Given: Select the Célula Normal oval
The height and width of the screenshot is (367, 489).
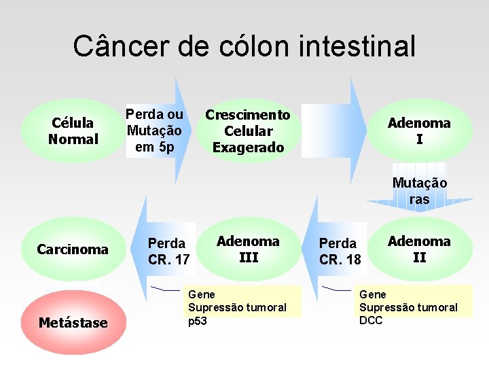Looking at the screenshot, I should tap(73, 131).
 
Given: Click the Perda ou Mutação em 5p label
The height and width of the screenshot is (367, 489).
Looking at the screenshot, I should tap(154, 130).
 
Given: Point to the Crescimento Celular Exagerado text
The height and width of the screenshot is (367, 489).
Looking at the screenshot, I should tap(248, 131).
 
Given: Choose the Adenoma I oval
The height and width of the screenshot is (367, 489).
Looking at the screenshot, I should tap(419, 131).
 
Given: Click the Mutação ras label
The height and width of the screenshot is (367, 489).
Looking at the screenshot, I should tap(420, 191).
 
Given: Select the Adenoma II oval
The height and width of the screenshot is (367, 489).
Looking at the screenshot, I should tap(419, 249).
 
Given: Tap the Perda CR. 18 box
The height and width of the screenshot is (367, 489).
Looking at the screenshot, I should tap(339, 251).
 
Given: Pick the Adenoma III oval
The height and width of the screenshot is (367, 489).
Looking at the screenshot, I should tap(248, 249).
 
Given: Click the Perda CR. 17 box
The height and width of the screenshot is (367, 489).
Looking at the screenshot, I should tap(168, 251).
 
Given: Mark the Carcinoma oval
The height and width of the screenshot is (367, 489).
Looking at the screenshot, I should tap(73, 249).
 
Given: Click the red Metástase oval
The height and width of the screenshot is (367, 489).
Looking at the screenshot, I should tap(73, 323).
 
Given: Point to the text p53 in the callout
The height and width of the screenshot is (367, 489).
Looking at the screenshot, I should tap(197, 321).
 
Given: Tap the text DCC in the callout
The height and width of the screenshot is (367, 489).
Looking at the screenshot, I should tap(371, 321).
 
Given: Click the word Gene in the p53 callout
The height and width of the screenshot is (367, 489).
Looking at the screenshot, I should tap(201, 294).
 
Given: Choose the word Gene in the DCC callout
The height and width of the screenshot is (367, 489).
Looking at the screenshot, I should tap(372, 294).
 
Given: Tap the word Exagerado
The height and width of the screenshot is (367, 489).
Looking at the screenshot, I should tap(248, 147).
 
